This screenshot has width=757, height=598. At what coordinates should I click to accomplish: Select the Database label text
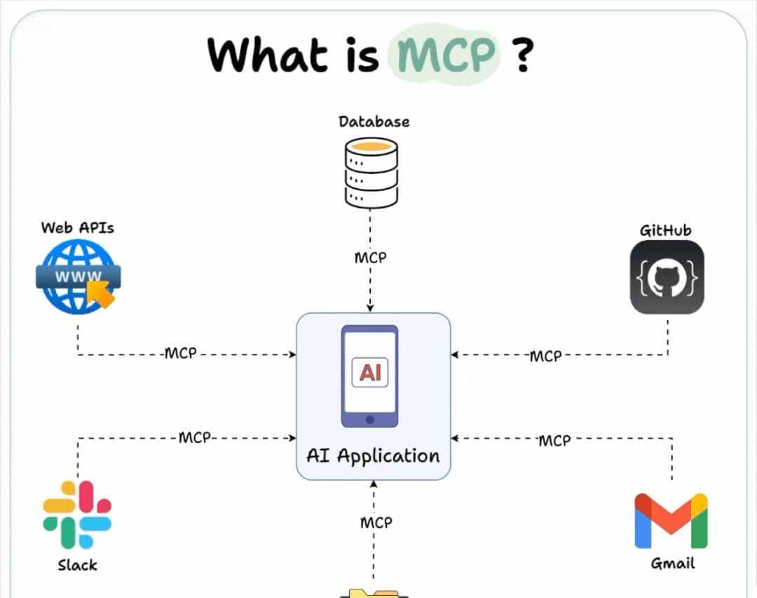[374, 121]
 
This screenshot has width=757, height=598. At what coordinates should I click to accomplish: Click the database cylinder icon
[371, 172]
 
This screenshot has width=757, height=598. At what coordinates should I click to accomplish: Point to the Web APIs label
[77, 227]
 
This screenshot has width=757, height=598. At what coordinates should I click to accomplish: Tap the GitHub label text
[665, 230]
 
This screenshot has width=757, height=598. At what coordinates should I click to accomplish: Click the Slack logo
[77, 514]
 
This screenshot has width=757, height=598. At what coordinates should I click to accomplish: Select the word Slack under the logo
[77, 565]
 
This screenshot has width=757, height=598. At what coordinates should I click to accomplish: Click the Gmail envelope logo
[671, 520]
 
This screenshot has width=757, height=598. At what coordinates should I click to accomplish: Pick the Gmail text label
[672, 563]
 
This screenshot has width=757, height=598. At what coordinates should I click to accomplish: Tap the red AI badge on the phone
[369, 372]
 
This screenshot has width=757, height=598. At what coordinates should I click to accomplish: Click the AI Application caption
[373, 456]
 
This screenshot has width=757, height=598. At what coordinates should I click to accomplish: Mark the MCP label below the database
[370, 258]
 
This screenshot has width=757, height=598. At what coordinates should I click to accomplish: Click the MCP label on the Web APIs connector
[181, 353]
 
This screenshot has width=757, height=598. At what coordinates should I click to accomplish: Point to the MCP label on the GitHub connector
[545, 356]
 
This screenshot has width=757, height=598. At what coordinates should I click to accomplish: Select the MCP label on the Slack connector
[195, 438]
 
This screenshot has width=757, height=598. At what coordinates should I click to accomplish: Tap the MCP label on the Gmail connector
[554, 440]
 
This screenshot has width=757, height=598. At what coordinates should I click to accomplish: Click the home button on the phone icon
[369, 419]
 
